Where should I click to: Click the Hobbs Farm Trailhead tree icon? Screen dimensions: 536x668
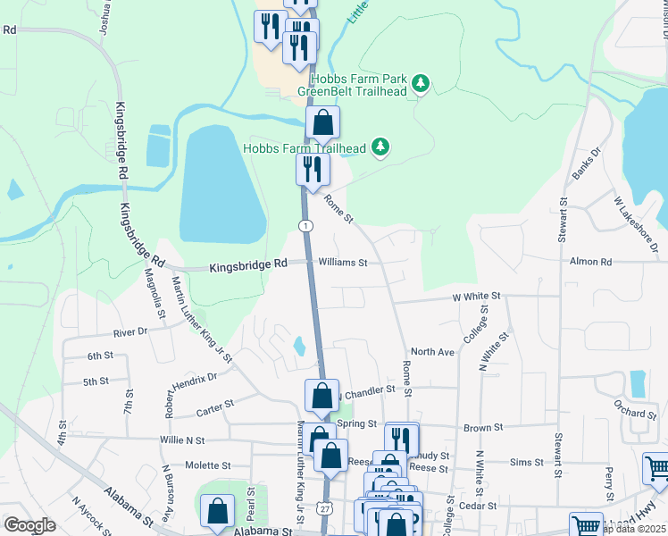pos(381,147)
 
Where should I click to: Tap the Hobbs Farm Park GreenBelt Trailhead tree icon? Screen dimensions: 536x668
pos(421,85)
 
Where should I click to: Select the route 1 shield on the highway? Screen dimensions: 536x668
pos(306,226)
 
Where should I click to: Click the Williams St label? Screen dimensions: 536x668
pos(343,263)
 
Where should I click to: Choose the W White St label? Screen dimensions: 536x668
pos(477,295)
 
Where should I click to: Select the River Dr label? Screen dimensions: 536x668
pos(129,332)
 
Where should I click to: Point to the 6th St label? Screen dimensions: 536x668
pos(99,356)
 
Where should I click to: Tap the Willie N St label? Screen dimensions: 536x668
pos(182,440)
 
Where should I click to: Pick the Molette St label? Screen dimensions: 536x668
pos(207,465)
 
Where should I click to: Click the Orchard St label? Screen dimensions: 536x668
pos(635,413)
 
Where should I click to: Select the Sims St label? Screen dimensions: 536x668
pos(525,462)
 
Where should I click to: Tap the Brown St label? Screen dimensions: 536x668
pos(485,429)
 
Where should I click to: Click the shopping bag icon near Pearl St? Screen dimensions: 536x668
pos(218,513)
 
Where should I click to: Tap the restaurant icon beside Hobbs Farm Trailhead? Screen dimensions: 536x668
pos(313,170)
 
